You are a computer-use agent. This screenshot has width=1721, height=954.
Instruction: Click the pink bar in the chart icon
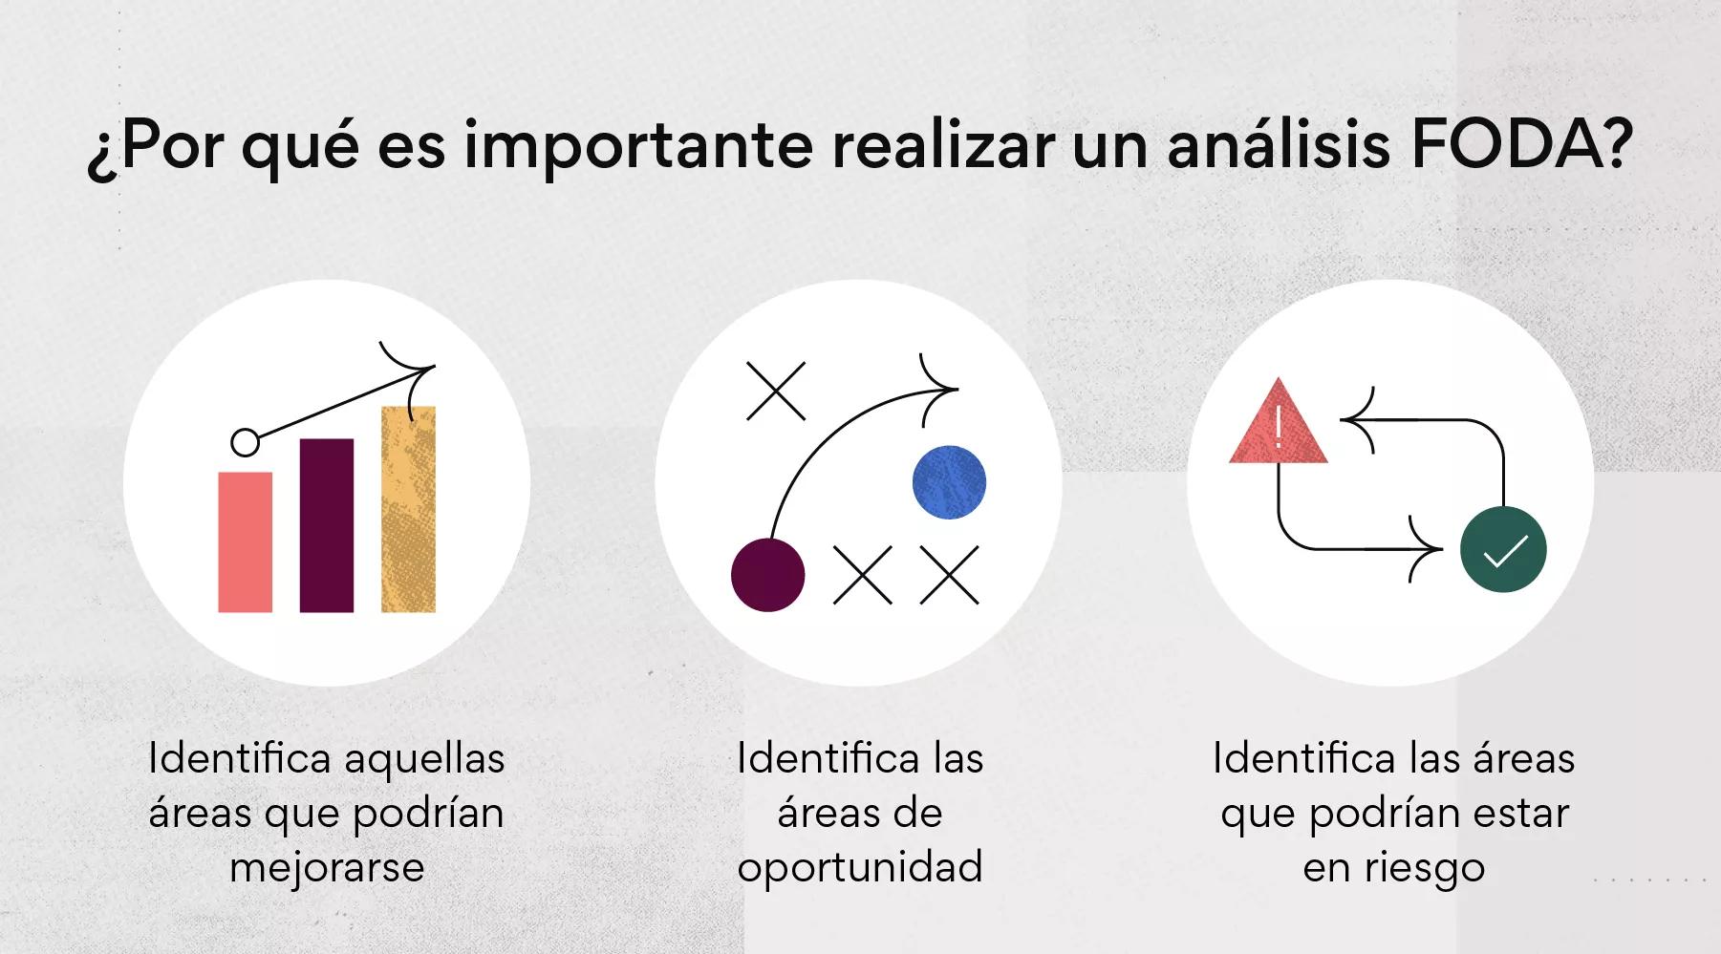click(x=245, y=541)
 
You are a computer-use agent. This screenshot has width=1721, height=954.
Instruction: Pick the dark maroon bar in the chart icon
click(x=327, y=525)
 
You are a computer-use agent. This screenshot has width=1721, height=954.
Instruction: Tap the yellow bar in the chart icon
click(x=408, y=509)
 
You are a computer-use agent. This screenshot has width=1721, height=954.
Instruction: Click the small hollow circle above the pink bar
click(x=246, y=443)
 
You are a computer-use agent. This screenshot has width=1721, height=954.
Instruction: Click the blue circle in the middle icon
click(x=949, y=482)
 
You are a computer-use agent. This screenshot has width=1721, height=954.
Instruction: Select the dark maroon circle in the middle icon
click(x=767, y=575)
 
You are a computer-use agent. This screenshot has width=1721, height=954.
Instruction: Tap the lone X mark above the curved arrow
click(x=776, y=391)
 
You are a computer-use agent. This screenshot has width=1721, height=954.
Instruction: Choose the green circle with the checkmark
click(x=1503, y=550)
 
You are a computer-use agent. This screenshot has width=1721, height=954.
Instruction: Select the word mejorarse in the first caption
click(x=327, y=868)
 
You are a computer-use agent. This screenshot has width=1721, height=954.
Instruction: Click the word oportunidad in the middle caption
click(x=860, y=868)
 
